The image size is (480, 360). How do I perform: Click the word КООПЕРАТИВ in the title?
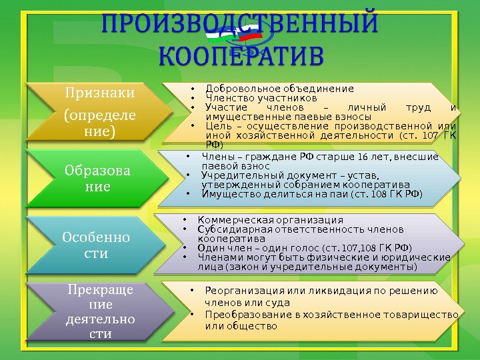point(240,55)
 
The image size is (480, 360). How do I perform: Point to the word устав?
point(361,176)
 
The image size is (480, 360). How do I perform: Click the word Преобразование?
point(247,314)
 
